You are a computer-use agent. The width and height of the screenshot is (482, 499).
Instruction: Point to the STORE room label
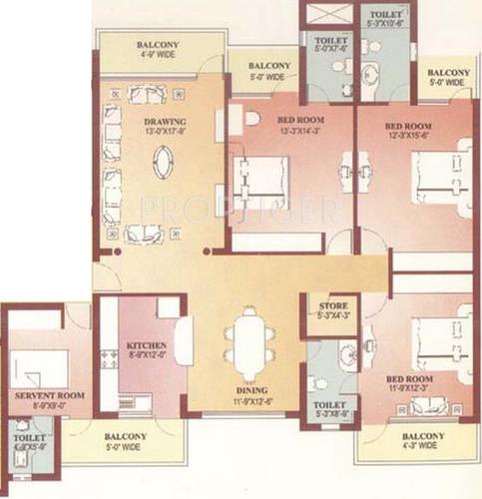click(x=331, y=304)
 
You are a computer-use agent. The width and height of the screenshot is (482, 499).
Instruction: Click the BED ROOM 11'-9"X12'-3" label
click(x=411, y=381)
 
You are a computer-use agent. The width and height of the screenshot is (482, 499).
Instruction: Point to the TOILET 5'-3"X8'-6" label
click(x=331, y=407)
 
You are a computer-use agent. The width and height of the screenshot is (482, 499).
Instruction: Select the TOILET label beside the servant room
click(x=23, y=437)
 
